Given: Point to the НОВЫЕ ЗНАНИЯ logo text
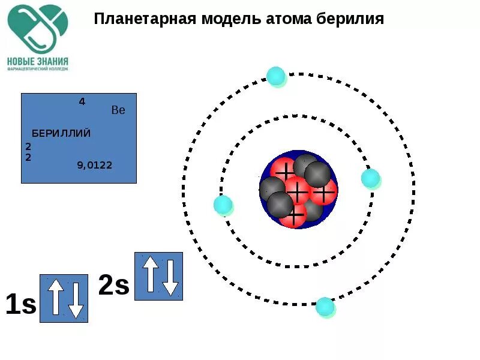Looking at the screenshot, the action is coord(38,61).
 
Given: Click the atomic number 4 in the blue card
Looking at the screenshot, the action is coord(82,101).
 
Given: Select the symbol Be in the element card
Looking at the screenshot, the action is coord(118,110).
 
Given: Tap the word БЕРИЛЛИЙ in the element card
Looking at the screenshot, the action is coord(61,133).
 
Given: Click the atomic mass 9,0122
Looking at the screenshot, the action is coord(94,165).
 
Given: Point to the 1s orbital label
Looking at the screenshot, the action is coord(21,304).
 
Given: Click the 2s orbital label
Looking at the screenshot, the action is coord(114,286).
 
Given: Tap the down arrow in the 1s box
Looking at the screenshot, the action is coord(75,300).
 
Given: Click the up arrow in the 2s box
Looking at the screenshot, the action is coord(150,274).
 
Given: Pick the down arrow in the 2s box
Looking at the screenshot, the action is coord(170,277).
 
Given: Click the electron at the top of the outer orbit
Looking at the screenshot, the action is coord(276,76).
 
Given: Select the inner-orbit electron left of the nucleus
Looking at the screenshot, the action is coord(223,205).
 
